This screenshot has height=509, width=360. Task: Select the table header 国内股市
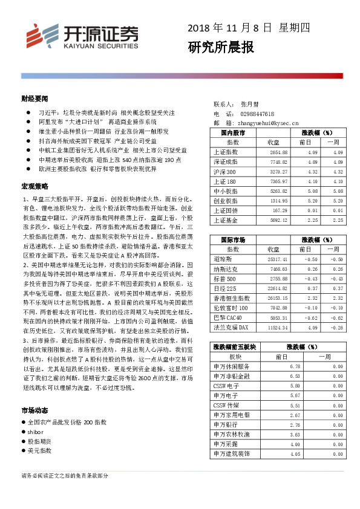[x=234, y=132]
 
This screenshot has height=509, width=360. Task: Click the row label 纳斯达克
[x=226, y=269]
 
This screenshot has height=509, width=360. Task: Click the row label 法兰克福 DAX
[x=231, y=328]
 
